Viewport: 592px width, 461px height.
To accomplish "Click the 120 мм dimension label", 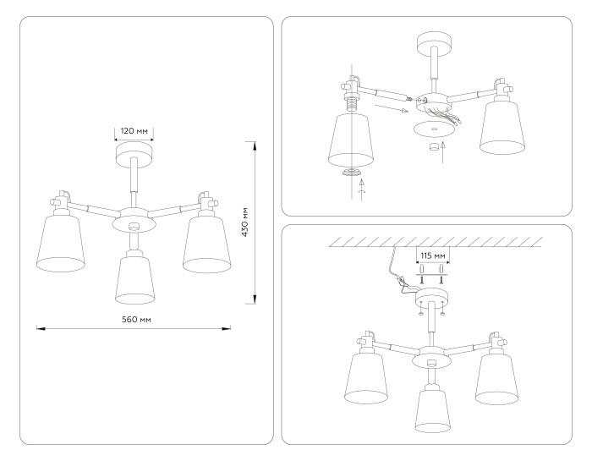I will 134,132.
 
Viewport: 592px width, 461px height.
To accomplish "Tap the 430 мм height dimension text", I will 244,222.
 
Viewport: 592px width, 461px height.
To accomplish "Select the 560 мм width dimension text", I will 135,319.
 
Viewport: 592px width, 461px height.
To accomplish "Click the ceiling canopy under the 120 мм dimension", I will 134,154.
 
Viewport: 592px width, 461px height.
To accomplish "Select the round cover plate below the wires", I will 431,129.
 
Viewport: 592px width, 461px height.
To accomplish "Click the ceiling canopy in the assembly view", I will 431,42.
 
